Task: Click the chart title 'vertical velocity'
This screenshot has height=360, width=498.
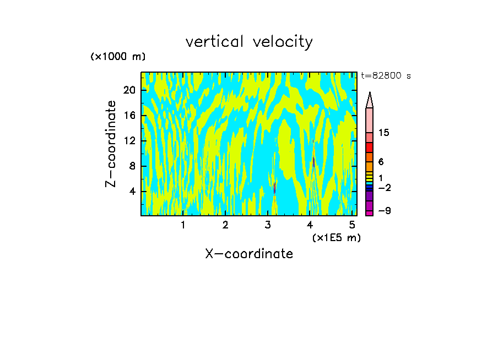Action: click(249, 42)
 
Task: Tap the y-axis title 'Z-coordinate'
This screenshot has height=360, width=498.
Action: click(111, 144)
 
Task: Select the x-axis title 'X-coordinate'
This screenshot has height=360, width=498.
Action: click(249, 254)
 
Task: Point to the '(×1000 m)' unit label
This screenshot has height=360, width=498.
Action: click(118, 57)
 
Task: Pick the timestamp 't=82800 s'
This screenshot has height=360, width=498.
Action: click(386, 76)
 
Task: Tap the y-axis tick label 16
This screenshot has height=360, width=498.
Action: click(128, 116)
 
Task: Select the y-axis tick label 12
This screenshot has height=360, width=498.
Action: click(128, 141)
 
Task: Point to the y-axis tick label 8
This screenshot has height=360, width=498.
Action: click(132, 166)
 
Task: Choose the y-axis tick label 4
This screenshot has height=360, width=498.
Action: click(132, 192)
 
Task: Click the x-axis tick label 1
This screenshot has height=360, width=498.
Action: click(183, 225)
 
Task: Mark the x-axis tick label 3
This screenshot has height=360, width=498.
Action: click(268, 225)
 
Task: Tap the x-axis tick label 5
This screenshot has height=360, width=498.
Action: click(353, 225)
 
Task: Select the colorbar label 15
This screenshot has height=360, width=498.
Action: click(384, 133)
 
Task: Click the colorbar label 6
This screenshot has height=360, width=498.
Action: click(381, 162)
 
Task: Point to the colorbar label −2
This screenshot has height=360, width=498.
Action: click(384, 188)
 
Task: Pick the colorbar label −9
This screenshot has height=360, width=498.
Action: click(384, 211)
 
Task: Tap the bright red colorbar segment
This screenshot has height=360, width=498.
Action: click(370, 148)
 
